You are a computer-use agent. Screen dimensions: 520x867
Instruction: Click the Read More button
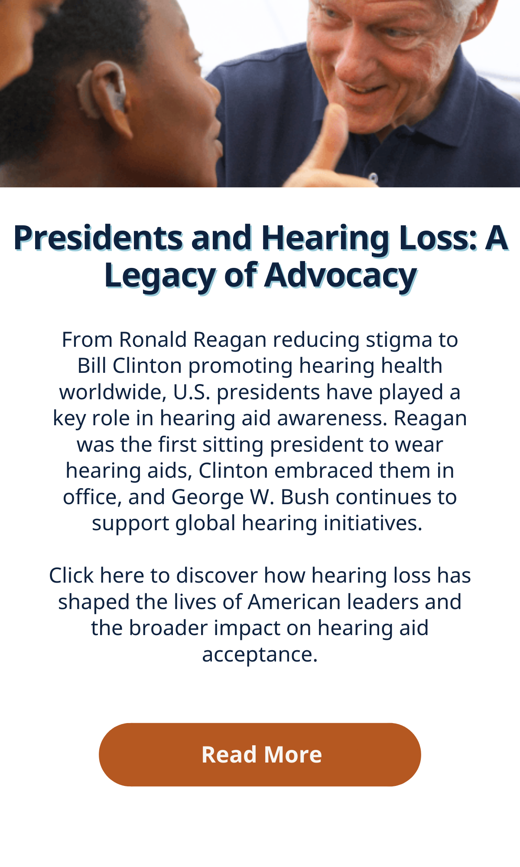point(260,755)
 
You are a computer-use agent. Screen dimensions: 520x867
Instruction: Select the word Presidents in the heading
point(98,238)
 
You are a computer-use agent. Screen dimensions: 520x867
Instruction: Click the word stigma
point(399,340)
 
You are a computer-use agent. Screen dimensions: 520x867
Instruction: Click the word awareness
point(332,418)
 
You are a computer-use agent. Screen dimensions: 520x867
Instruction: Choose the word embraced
point(323,470)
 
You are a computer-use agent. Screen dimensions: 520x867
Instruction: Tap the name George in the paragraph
point(208,498)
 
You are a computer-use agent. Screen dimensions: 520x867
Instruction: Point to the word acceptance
point(260,655)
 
